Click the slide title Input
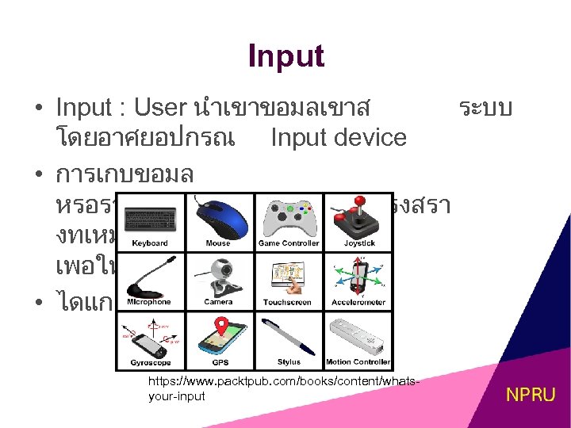(x=285, y=57)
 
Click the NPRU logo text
(x=531, y=394)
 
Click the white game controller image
(x=289, y=216)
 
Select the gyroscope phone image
(x=151, y=334)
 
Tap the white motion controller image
(x=358, y=334)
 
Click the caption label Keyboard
(x=150, y=243)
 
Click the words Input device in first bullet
(x=339, y=137)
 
